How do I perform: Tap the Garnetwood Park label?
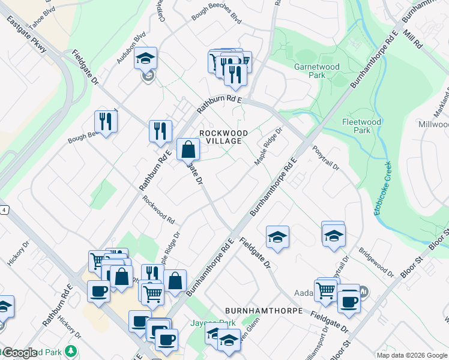coord(317,71)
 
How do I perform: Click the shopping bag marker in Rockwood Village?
coord(188,149)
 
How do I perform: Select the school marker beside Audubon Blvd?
coord(145,58)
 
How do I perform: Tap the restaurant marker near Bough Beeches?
coord(106,122)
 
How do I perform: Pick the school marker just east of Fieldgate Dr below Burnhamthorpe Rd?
coord(277,237)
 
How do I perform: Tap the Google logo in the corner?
coord(19,353)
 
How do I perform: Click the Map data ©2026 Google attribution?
coord(411,355)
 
